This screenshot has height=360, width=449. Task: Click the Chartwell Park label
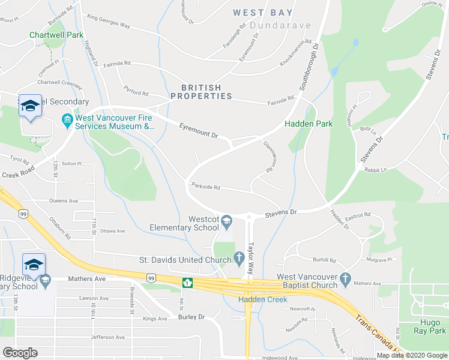click(56, 35)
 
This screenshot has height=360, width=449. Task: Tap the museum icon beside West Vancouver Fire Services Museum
click(67, 122)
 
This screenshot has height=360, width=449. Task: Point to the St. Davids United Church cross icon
click(239, 260)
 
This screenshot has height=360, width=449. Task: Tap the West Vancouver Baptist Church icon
click(345, 279)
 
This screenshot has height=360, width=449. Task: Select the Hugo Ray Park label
click(430, 326)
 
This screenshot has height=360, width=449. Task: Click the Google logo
click(20, 353)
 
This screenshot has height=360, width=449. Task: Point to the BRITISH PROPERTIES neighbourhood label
click(201, 92)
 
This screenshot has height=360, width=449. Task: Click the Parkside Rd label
click(205, 187)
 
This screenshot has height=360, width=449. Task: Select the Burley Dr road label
click(191, 316)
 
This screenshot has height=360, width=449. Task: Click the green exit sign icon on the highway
click(187, 283)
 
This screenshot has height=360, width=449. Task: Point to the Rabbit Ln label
click(376, 170)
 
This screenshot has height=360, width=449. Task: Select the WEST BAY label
click(263, 13)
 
